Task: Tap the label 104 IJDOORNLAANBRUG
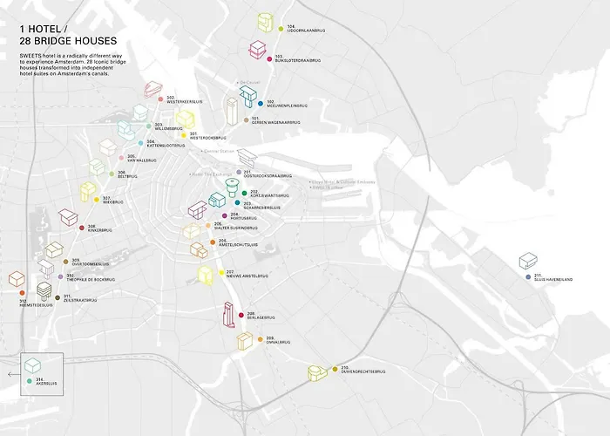[x=303, y=28]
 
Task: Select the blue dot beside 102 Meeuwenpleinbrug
[x=260, y=104]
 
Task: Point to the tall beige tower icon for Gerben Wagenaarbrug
[x=232, y=111]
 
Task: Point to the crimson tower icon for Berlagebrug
[x=229, y=315]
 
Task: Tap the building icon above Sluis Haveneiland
[x=527, y=261]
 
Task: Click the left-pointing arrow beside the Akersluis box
[x=10, y=373]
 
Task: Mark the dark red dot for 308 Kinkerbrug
[x=81, y=228]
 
